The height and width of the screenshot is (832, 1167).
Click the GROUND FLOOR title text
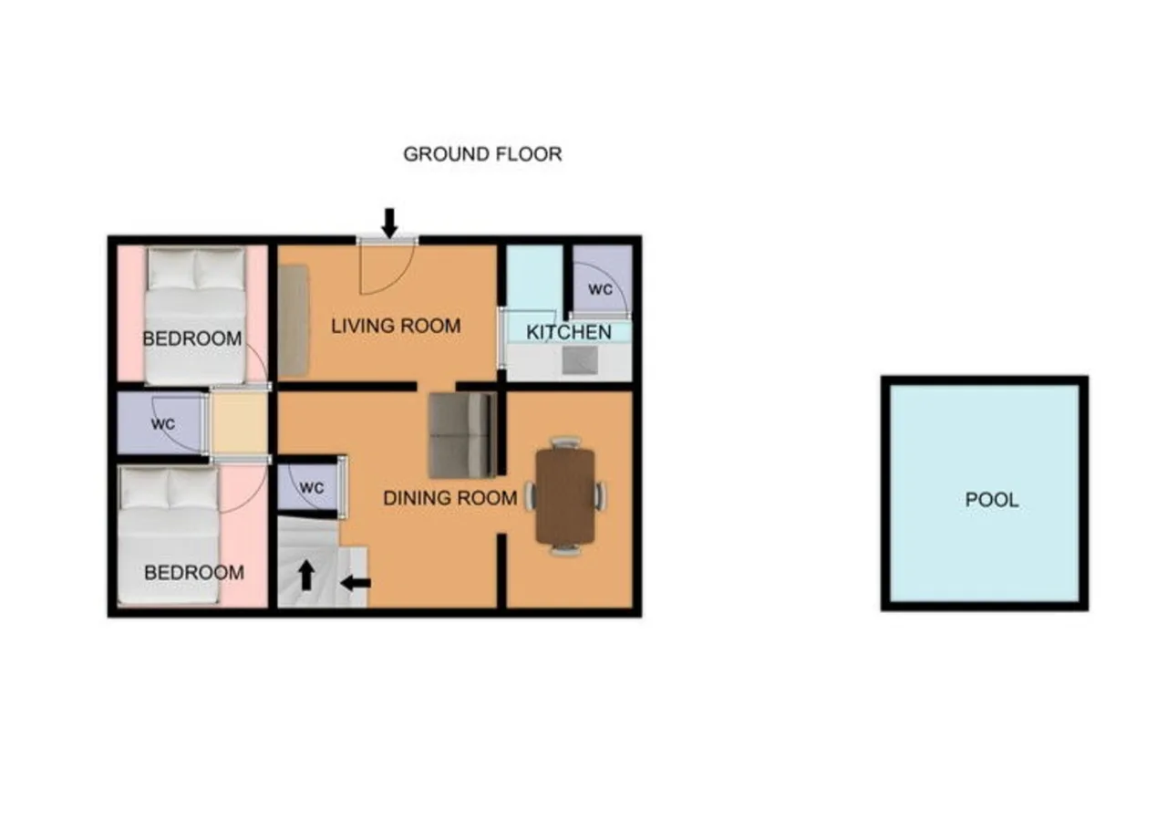click(482, 154)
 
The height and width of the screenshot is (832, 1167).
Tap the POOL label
click(991, 500)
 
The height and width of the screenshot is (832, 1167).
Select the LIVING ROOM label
click(396, 327)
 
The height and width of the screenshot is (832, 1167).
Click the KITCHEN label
click(568, 332)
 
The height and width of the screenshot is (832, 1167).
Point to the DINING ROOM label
click(450, 498)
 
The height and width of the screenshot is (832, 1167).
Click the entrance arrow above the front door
click(389, 224)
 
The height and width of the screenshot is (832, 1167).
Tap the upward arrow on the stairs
click(306, 576)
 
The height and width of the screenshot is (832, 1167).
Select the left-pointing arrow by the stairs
click(356, 583)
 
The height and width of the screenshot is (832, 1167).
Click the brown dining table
click(565, 496)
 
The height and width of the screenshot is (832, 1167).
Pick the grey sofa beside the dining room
click(462, 435)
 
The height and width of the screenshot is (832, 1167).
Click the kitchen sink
click(580, 360)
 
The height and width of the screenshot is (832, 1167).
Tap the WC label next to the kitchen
click(600, 289)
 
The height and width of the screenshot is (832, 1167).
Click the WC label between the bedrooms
click(163, 424)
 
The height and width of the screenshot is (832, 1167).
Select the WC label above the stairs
click(312, 488)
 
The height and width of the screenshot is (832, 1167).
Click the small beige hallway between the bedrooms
click(239, 422)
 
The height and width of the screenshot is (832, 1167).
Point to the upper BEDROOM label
click(192, 338)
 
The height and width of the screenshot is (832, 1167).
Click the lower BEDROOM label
click(194, 573)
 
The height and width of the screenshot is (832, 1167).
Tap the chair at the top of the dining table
click(566, 442)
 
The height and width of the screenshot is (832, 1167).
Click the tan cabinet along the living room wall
click(294, 320)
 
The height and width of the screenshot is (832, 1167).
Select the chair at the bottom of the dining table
click(566, 549)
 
